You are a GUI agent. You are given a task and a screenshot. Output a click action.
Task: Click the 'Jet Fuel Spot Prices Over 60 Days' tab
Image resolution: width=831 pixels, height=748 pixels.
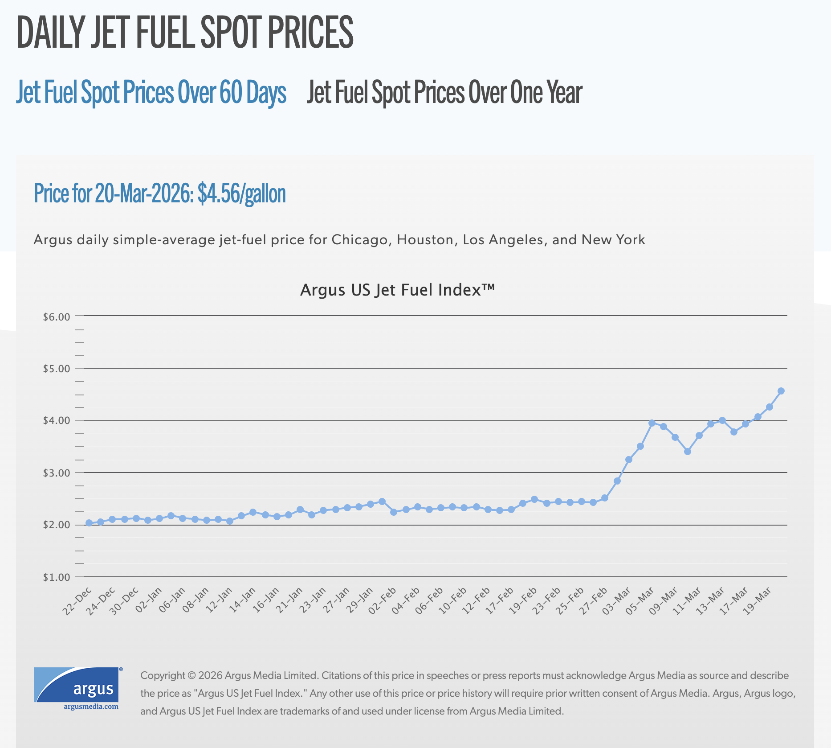151,93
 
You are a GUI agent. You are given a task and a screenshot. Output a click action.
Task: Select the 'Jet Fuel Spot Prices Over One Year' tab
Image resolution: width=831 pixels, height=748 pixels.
444,93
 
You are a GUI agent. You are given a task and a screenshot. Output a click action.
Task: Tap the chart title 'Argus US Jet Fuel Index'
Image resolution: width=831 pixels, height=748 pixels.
397,290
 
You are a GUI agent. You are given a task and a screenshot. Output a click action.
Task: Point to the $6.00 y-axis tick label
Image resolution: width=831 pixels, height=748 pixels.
57,317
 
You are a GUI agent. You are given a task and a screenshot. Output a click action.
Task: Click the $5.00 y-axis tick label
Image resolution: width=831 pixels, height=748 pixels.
57,369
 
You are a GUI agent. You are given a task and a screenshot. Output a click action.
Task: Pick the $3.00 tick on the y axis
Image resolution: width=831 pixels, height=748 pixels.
57,473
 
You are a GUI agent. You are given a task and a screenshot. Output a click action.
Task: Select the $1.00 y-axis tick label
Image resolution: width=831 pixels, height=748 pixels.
57,577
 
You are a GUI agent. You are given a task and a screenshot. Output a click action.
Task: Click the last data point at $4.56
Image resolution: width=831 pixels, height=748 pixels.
781,391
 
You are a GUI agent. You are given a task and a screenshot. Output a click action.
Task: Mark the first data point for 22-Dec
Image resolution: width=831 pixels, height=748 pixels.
89,523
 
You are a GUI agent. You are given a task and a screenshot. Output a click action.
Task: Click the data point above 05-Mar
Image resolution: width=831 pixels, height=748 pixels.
652,423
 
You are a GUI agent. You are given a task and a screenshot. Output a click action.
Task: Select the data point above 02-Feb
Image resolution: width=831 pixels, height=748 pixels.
394,512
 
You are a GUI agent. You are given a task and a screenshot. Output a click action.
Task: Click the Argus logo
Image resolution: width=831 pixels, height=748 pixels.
76,684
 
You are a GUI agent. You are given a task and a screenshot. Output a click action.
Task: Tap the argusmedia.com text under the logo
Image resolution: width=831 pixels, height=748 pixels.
91,707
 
